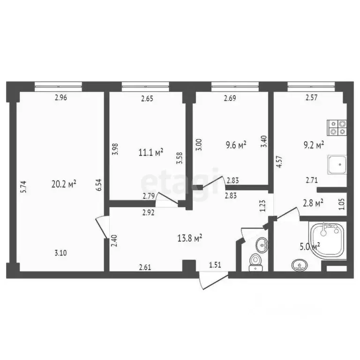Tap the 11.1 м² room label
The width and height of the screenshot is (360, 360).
click(x=151, y=152)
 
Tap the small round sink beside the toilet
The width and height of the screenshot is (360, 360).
click(x=262, y=244)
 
